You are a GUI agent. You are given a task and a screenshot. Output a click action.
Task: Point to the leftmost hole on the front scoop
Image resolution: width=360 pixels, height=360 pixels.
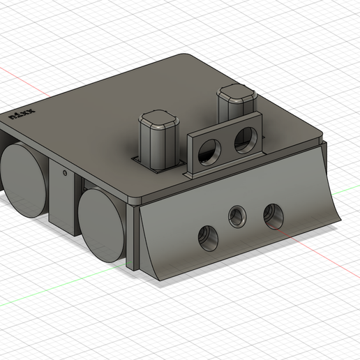tap(208, 239)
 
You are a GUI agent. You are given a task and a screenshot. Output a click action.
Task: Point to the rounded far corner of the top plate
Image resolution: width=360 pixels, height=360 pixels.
tap(187, 57)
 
